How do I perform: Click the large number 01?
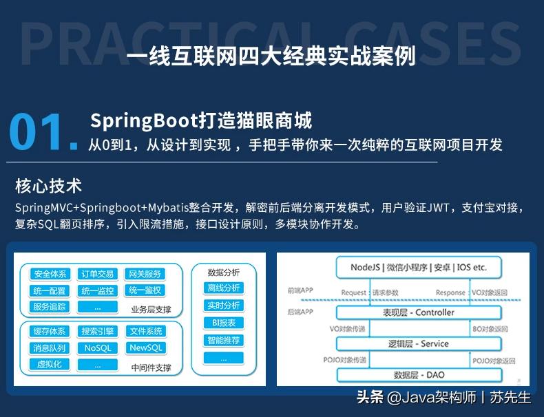[x=44, y=131]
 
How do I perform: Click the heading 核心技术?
[x=48, y=185]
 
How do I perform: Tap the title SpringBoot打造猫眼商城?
[x=201, y=121]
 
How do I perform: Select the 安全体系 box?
[x=50, y=274]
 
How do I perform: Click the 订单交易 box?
[x=97, y=274]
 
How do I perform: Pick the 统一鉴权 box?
[x=145, y=290]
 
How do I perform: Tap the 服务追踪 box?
[x=50, y=307]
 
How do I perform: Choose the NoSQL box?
[x=97, y=348]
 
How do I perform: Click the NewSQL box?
[x=145, y=348]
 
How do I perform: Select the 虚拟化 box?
[x=50, y=365]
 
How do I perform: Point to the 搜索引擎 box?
[x=97, y=332]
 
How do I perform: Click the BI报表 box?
[x=223, y=323]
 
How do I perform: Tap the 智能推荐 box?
[x=223, y=340]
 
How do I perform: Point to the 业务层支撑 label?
[x=151, y=308]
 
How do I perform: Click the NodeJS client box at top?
[x=418, y=267]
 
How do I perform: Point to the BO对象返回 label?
[x=490, y=330]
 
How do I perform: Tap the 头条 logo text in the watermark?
[x=369, y=397]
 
